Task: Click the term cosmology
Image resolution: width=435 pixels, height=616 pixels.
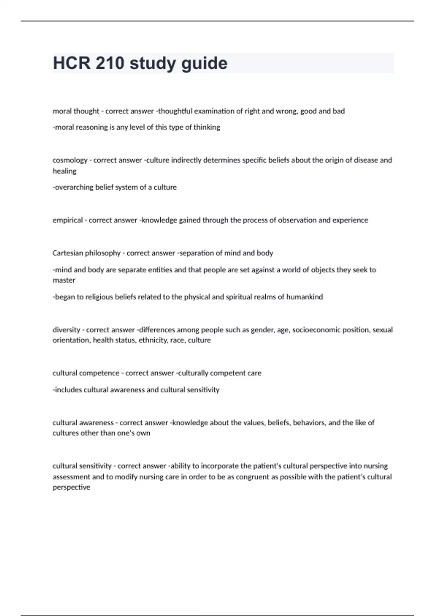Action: [70, 160]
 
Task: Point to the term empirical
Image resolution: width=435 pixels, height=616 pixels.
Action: [67, 220]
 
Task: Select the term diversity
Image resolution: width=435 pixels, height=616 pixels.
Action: [66, 330]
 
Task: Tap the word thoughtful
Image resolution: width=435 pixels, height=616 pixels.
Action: [175, 111]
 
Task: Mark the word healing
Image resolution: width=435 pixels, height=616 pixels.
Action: [65, 171]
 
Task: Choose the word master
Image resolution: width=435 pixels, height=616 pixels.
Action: [64, 280]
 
